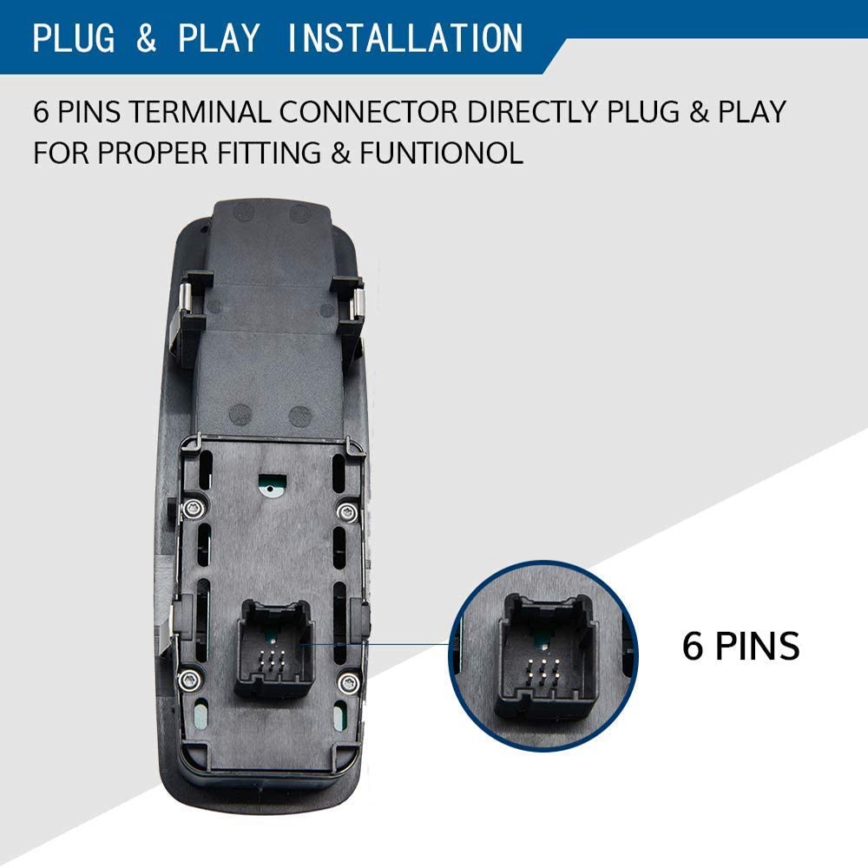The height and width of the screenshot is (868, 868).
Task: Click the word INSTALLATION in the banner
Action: (x=404, y=38)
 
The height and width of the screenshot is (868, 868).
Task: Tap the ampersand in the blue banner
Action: (x=146, y=38)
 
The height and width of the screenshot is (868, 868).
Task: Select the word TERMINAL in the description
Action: (x=201, y=112)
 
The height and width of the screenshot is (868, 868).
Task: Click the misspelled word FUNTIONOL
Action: (x=441, y=153)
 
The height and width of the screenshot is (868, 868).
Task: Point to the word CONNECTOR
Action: (x=369, y=112)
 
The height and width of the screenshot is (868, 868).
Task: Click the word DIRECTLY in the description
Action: (x=533, y=112)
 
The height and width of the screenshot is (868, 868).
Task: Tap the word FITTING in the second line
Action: (x=269, y=153)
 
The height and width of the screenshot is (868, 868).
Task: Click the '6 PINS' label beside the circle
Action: (x=740, y=646)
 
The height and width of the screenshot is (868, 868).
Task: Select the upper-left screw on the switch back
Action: (x=193, y=507)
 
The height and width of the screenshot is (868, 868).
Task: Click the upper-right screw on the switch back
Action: (x=347, y=512)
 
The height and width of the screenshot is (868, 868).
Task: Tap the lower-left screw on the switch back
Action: (x=188, y=679)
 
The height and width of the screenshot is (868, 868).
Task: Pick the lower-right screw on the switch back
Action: (x=348, y=683)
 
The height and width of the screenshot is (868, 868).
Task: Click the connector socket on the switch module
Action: (x=274, y=648)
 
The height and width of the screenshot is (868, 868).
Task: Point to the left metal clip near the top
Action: (x=187, y=301)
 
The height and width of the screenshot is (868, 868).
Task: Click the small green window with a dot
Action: (x=271, y=484)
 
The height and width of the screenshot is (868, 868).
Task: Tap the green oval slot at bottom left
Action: (x=201, y=716)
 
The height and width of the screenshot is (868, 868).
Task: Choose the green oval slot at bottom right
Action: (x=339, y=717)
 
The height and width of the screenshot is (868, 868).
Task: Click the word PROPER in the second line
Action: (x=153, y=153)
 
